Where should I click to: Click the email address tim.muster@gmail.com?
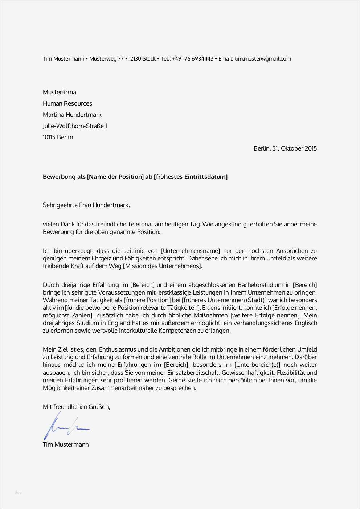(x=263, y=59)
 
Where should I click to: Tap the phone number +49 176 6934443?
(x=193, y=59)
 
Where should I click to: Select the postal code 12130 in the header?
(x=135, y=59)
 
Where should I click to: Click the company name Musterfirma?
(x=60, y=92)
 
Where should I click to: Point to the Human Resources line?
(x=67, y=103)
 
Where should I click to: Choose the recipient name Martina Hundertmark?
(x=72, y=115)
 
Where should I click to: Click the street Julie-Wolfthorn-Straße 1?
(x=75, y=126)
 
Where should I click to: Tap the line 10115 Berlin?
(x=58, y=137)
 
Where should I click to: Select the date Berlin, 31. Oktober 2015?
(x=285, y=148)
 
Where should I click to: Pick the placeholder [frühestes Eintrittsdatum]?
(x=191, y=177)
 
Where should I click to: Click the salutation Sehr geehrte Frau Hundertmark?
(x=86, y=205)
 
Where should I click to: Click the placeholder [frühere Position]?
(x=147, y=300)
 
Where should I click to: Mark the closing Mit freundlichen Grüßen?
(x=76, y=407)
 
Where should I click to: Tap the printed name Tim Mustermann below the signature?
(x=66, y=444)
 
